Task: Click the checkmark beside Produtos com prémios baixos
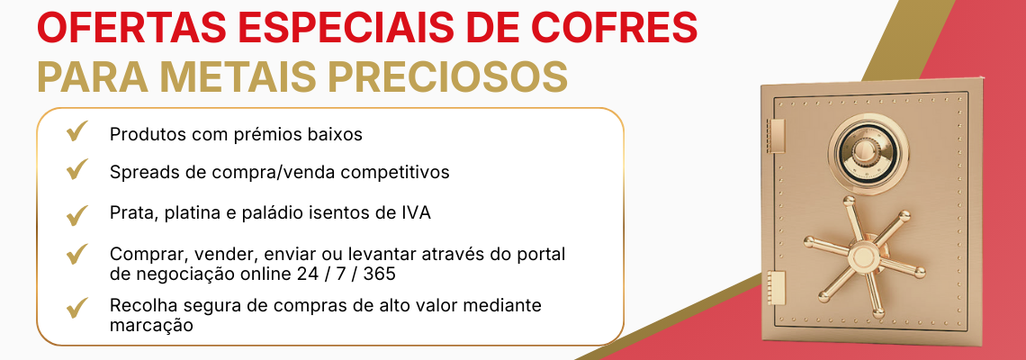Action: pos(76,134)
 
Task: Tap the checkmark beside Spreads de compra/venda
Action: pos(76,169)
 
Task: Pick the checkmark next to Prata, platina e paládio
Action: pos(76,214)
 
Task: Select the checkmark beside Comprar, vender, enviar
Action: pos(76,255)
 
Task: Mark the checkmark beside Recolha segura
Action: pos(76,308)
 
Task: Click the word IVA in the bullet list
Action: pos(416,213)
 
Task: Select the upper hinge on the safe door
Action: pos(777,134)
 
